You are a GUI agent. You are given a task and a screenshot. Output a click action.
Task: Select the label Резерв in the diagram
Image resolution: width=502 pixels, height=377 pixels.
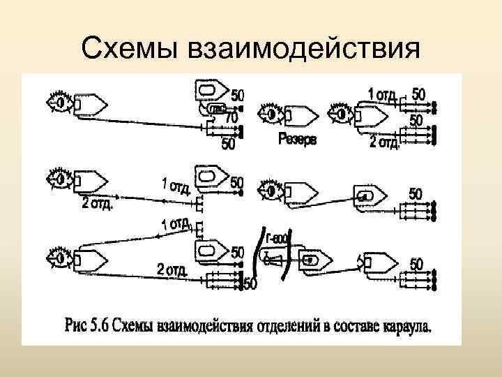(x=297, y=140)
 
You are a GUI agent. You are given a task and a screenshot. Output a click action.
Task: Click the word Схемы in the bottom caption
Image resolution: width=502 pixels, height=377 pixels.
(x=133, y=325)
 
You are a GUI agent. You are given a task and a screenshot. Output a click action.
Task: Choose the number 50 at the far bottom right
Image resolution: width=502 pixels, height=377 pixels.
(x=416, y=264)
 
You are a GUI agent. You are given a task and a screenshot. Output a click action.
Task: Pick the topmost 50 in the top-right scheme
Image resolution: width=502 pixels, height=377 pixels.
(x=418, y=93)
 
